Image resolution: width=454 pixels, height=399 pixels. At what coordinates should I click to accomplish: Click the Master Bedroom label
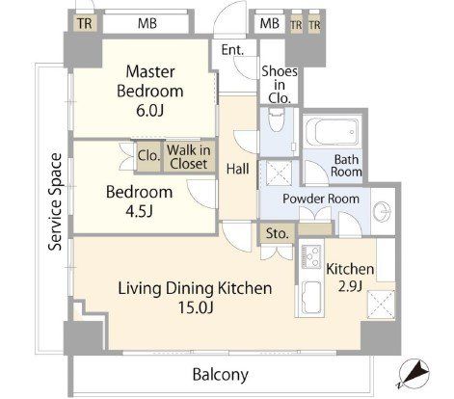[x=150, y=81]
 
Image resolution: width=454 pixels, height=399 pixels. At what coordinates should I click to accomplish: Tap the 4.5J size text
[x=139, y=212]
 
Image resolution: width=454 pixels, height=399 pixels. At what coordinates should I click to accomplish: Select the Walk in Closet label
[x=189, y=157]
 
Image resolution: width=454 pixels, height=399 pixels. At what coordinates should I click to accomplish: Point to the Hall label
[x=237, y=169]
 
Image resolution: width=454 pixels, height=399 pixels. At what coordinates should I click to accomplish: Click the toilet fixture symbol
[x=276, y=120]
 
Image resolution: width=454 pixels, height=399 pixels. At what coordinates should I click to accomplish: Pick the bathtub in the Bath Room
[x=333, y=132]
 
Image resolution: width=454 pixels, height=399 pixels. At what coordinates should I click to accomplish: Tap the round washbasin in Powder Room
[x=383, y=212]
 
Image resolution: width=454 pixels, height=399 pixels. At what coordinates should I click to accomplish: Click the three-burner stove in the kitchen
[x=310, y=256]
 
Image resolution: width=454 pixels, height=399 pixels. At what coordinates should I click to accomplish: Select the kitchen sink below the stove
[x=310, y=298]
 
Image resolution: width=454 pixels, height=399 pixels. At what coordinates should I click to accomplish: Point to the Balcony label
[x=221, y=375]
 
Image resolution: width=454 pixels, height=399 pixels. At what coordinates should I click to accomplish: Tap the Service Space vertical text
[x=55, y=201]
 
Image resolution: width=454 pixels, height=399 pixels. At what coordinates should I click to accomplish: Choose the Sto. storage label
[x=278, y=233]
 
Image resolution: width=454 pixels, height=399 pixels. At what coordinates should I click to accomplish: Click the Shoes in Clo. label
[x=280, y=85]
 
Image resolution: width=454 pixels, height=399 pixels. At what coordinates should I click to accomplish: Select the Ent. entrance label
[x=232, y=50]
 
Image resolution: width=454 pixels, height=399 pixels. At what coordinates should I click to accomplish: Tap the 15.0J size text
[x=196, y=308]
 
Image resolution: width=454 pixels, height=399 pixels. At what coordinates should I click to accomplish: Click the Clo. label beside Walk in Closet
[x=148, y=156]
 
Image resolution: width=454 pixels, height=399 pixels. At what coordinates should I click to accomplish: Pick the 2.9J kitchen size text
[x=350, y=285]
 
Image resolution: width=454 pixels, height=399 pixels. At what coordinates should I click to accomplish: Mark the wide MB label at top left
[x=147, y=23]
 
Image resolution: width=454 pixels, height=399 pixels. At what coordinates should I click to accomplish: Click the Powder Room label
[x=321, y=199]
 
